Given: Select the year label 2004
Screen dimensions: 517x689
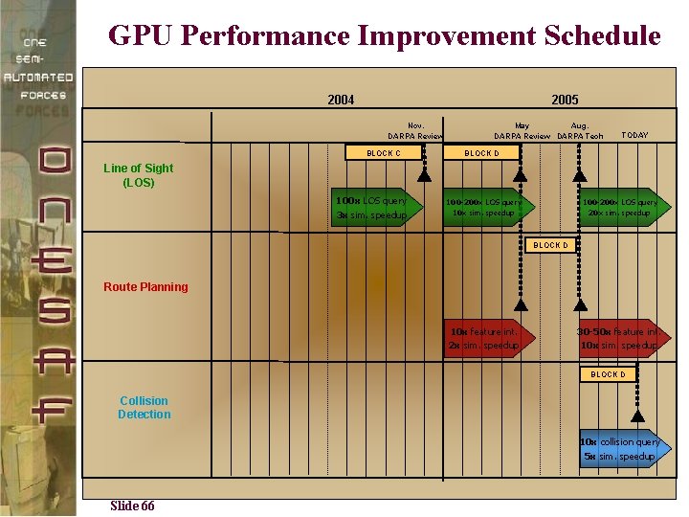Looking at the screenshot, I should pyautogui.click(x=341, y=100).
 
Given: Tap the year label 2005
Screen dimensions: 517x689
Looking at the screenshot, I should pyautogui.click(x=565, y=100).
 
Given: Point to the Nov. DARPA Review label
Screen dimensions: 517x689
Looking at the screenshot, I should pyautogui.click(x=415, y=130).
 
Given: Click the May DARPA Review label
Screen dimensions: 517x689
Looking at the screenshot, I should pyautogui.click(x=522, y=130).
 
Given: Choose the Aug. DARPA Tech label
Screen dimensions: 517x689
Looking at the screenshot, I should pyautogui.click(x=581, y=130).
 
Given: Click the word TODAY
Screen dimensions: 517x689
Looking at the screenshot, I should pyautogui.click(x=634, y=135).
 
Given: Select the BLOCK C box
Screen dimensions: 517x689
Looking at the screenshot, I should pyautogui.click(x=384, y=153).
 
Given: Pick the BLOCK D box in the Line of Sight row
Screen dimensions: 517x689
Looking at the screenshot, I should pyautogui.click(x=481, y=153).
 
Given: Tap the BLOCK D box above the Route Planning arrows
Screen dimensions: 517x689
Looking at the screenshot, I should pyautogui.click(x=550, y=245).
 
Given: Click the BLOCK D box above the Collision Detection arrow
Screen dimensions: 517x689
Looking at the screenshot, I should pyautogui.click(x=608, y=374).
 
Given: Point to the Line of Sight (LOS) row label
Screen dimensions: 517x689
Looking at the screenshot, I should pyautogui.click(x=139, y=175).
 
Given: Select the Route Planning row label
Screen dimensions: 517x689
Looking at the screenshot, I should pyautogui.click(x=145, y=286).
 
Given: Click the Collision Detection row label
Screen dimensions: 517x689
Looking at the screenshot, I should pyautogui.click(x=144, y=408).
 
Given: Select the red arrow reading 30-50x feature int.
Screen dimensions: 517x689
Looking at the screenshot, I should pyautogui.click(x=619, y=338).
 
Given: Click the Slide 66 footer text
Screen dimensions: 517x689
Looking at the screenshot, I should pyautogui.click(x=132, y=506).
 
